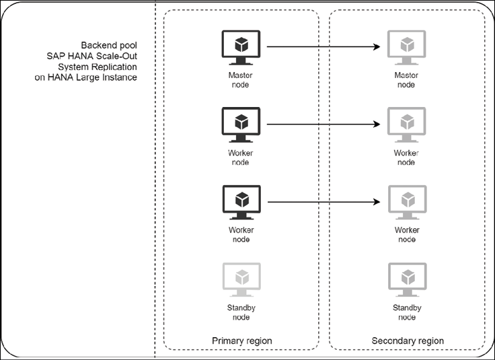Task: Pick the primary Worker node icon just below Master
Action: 241,126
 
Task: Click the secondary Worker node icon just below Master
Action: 406,126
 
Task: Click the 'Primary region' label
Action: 242,340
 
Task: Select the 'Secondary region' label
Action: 408,340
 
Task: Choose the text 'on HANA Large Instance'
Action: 86,77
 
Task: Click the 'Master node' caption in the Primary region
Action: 240,79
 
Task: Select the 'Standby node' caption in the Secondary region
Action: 407,312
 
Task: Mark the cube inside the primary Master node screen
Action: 241,44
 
